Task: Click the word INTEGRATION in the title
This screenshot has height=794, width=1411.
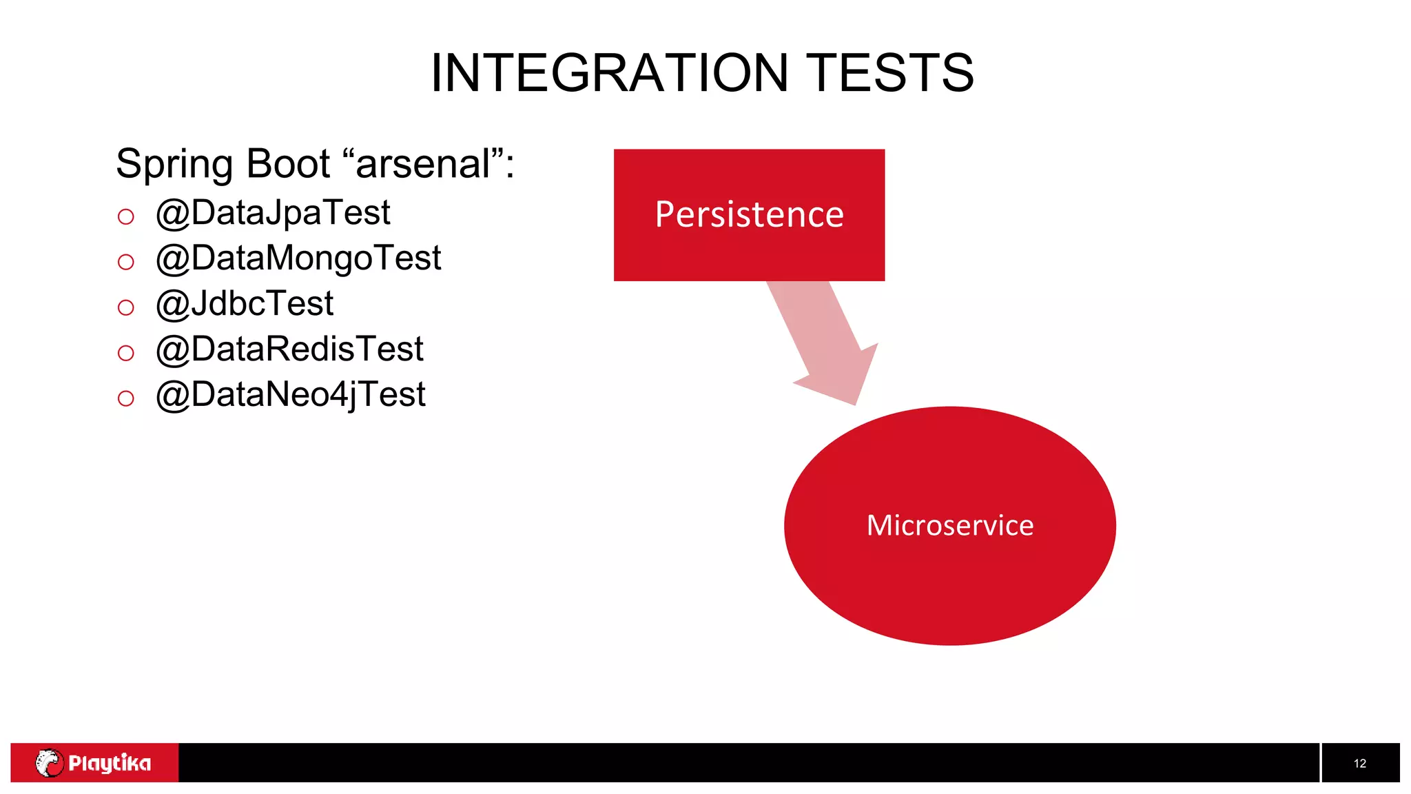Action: [x=609, y=73]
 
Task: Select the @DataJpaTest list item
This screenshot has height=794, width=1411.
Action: [x=273, y=213]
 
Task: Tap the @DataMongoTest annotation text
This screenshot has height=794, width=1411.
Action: [x=298, y=258]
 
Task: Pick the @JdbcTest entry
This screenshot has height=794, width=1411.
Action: [x=245, y=304]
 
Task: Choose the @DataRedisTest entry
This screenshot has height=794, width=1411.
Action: [x=289, y=349]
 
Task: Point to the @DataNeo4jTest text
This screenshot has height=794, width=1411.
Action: [x=290, y=395]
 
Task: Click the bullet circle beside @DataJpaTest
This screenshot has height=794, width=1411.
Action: [x=125, y=217]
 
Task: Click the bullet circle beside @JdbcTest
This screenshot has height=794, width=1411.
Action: [x=125, y=307]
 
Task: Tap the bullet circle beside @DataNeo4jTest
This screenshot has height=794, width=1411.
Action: [x=125, y=398]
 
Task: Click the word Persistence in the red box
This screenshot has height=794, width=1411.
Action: [x=749, y=214]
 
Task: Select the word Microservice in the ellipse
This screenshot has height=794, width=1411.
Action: [x=949, y=526]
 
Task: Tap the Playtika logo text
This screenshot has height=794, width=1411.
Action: [x=110, y=763]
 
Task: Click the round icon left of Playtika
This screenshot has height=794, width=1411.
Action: [x=49, y=763]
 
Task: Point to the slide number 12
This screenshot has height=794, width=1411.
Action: [x=1359, y=764]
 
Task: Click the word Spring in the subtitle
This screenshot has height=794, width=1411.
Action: [x=175, y=165]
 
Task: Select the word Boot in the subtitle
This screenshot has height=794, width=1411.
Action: [x=288, y=164]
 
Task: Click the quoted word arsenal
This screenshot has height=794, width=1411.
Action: [x=422, y=164]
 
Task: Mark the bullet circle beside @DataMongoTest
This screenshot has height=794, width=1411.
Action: [x=125, y=262]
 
